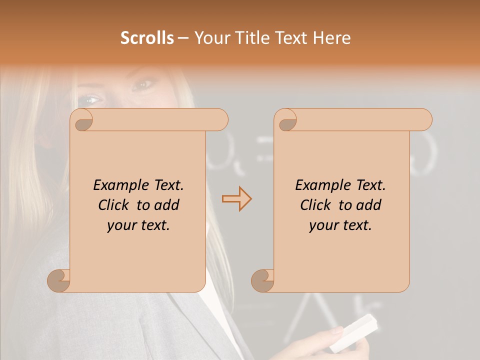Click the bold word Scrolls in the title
(147, 38)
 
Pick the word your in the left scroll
(120, 225)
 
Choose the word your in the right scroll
(322, 225)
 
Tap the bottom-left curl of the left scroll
(58, 280)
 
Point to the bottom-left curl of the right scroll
(262, 280)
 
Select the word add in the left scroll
(167, 205)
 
